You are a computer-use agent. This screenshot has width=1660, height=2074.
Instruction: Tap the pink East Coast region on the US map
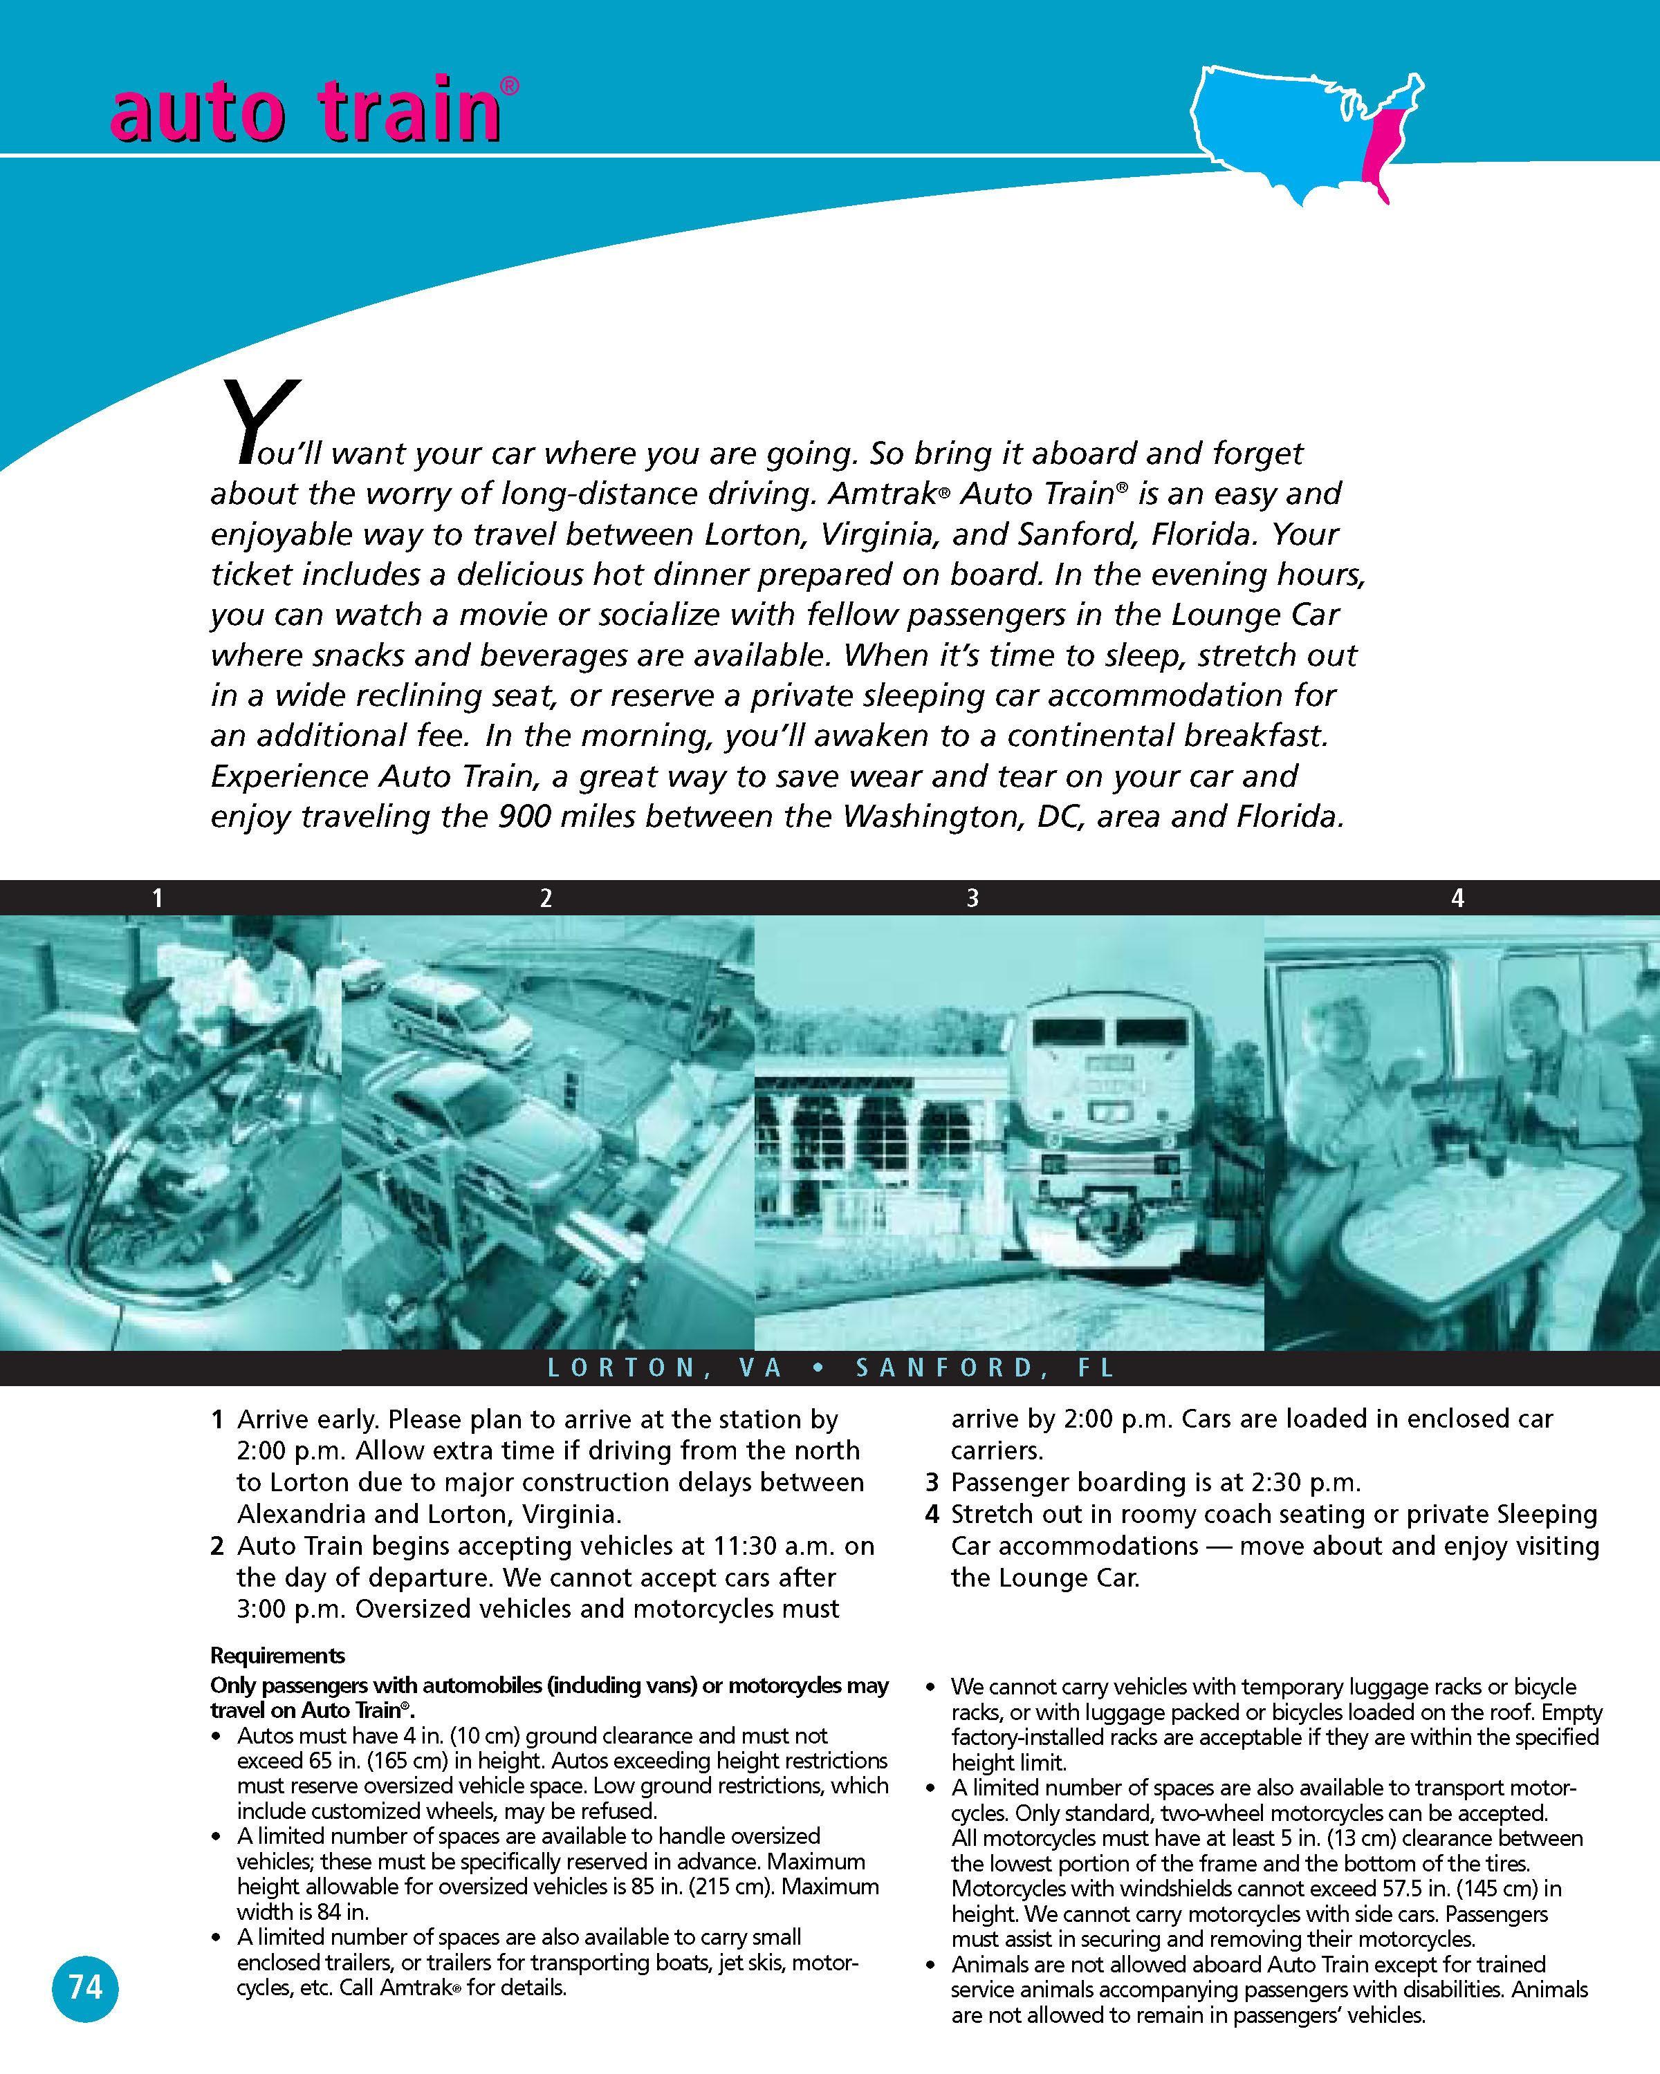pos(1385,144)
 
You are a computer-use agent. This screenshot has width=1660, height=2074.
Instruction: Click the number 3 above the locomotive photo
pos(972,899)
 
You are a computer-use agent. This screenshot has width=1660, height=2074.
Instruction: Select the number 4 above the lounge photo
pos(1457,899)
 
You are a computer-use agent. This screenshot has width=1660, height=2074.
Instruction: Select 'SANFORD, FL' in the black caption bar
pos(986,1368)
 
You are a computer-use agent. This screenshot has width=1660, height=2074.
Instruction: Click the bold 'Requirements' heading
pos(277,1656)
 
